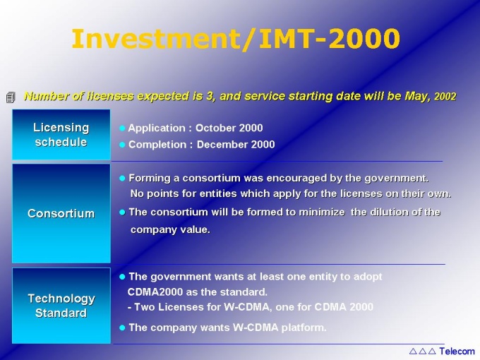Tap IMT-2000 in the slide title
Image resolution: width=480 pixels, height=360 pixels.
pos(330,39)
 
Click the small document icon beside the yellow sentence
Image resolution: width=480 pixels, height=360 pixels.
pos(11,97)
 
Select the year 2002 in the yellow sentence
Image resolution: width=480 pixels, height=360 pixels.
pos(445,97)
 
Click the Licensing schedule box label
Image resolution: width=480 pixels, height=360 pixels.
pos(61,135)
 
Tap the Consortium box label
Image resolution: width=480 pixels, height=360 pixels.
pos(61,213)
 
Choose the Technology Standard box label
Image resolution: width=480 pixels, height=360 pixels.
pos(61,306)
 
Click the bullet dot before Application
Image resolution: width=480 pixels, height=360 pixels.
pos(122,128)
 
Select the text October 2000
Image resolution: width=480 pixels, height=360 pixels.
pos(229,128)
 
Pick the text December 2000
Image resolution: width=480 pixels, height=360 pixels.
pos(236,145)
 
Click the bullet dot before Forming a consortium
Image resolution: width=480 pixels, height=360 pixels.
pos(122,178)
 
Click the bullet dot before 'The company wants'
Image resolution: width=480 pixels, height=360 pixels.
pos(122,328)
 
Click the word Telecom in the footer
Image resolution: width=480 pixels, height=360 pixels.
pos(457,351)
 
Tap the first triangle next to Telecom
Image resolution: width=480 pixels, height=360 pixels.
pos(413,351)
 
